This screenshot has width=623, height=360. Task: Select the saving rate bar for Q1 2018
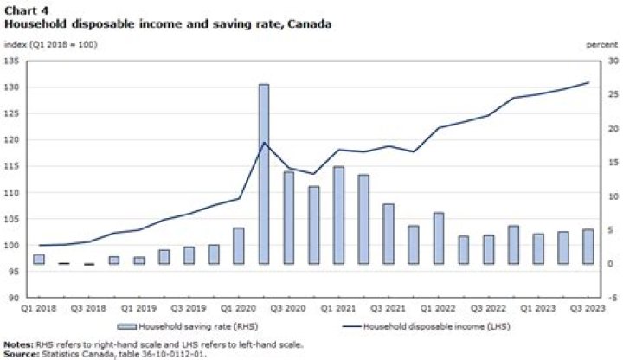tap(39, 259)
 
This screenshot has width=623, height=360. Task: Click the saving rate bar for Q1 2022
tap(439, 238)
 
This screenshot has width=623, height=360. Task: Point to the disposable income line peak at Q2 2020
tap(264, 142)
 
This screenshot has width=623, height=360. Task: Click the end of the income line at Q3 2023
tap(588, 83)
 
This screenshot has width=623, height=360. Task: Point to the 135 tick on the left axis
tap(16, 61)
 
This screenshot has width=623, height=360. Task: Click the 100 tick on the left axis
tap(16, 246)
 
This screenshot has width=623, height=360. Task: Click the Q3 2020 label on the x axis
tap(288, 307)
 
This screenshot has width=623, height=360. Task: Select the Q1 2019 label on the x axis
tap(138, 307)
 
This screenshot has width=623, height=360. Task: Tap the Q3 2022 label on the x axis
tap(489, 307)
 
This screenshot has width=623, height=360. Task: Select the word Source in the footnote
tap(23, 354)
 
